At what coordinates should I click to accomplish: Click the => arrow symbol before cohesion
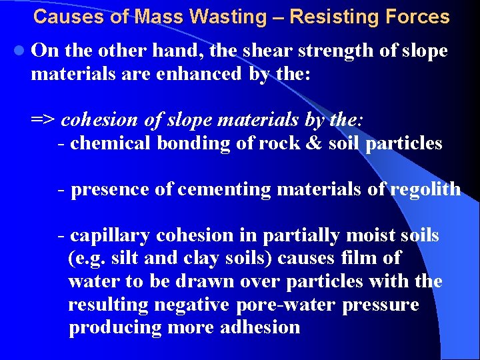[x=44, y=120]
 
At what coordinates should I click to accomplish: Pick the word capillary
[x=110, y=236]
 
